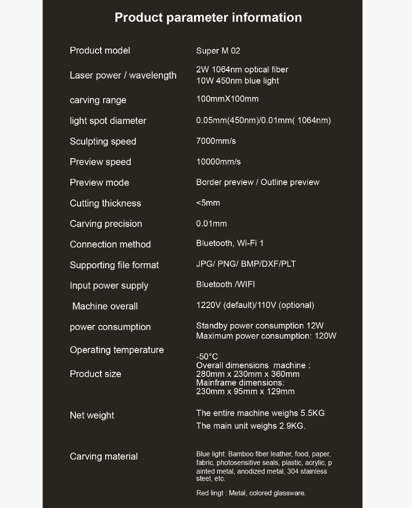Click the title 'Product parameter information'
pyautogui.click(x=208, y=17)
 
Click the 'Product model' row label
pyautogui.click(x=100, y=50)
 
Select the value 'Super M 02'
pyautogui.click(x=218, y=51)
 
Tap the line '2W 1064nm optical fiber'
pyautogui.click(x=242, y=69)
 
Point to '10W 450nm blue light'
pyautogui.click(x=237, y=81)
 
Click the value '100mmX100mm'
pyautogui.click(x=227, y=99)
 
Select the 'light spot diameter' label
pyautogui.click(x=108, y=121)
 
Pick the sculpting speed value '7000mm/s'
pyautogui.click(x=216, y=141)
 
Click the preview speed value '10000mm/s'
pyautogui.click(x=219, y=162)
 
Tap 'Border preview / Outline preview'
pyautogui.click(x=257, y=182)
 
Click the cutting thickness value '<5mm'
pyautogui.click(x=208, y=203)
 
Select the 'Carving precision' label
pyautogui.click(x=106, y=224)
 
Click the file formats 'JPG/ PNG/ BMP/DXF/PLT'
pyautogui.click(x=246, y=264)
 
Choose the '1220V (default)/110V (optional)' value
pyautogui.click(x=255, y=306)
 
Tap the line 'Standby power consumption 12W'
pyautogui.click(x=259, y=325)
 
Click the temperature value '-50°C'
pyautogui.click(x=207, y=357)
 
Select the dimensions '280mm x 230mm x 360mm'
pyautogui.click(x=248, y=374)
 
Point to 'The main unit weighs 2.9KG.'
pyautogui.click(x=251, y=426)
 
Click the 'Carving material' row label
pyautogui.click(x=104, y=456)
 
